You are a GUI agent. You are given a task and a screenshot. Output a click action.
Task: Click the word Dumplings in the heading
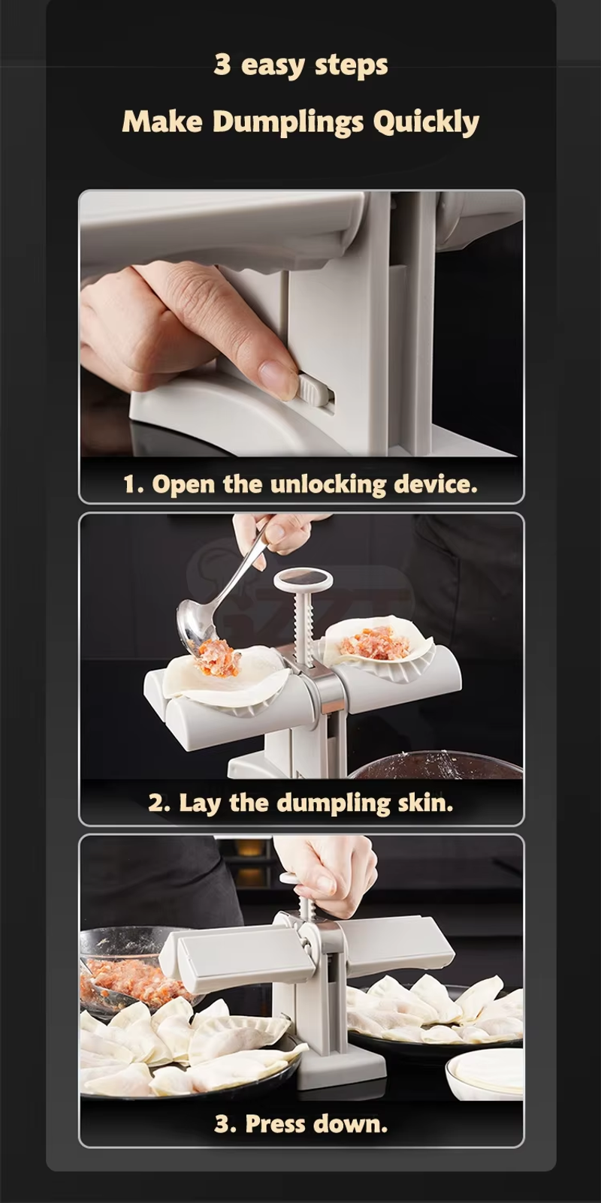point(288,122)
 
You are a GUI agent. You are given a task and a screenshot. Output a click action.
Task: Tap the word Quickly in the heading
point(425,122)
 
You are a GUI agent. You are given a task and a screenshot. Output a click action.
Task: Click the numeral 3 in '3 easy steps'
point(222,65)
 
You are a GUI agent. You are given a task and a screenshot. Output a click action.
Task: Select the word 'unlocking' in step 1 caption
point(328,485)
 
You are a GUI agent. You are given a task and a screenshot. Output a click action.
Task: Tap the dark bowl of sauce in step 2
point(435,764)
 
